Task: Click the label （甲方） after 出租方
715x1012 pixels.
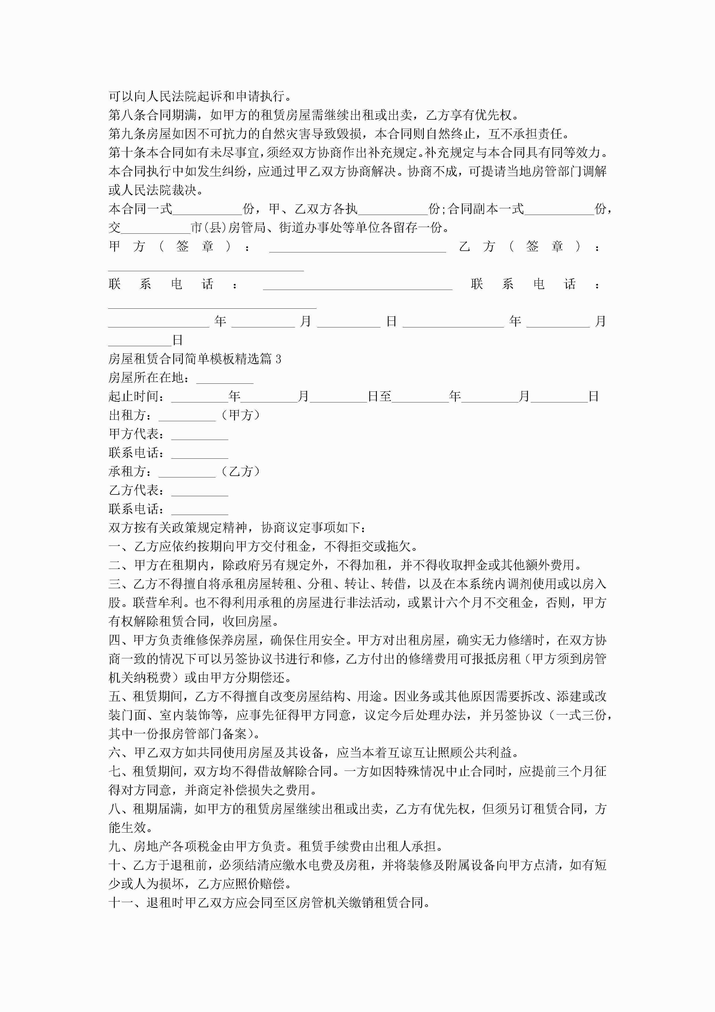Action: [x=240, y=415]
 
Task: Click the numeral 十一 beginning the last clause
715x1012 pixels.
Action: [x=121, y=903]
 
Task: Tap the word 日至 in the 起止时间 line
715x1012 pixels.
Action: [x=379, y=397]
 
